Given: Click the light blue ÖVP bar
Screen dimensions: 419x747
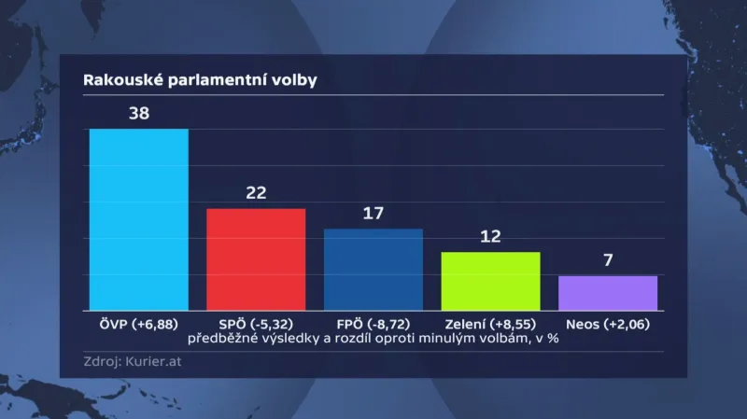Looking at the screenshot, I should pos(138,219).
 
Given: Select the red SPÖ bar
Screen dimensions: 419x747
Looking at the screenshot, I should pos(256,259).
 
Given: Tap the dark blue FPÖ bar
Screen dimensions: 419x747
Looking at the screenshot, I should pos(373,270).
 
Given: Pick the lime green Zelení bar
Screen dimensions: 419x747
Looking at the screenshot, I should pos(490,281).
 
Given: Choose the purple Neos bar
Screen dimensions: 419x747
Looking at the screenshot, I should pos(608,293).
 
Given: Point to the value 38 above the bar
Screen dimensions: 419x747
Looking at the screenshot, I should pos(138,114).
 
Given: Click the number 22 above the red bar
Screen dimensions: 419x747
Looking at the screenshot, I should pos(257,193).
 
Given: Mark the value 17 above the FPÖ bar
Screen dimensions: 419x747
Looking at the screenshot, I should pos(373,214).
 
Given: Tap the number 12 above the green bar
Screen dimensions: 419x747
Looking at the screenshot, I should pos(491,237).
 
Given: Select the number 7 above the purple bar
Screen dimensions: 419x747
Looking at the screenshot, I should pos(608,260).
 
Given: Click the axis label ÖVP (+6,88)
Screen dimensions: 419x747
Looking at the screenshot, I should pos(138,324).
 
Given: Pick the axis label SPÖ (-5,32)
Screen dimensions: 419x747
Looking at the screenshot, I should pos(256,324).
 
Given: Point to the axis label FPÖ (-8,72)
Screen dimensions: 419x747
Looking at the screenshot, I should pos(373,324).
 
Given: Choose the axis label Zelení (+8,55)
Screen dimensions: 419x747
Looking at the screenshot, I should pos(490,324).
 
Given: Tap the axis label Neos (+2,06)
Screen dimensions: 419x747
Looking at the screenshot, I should pos(608,324).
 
